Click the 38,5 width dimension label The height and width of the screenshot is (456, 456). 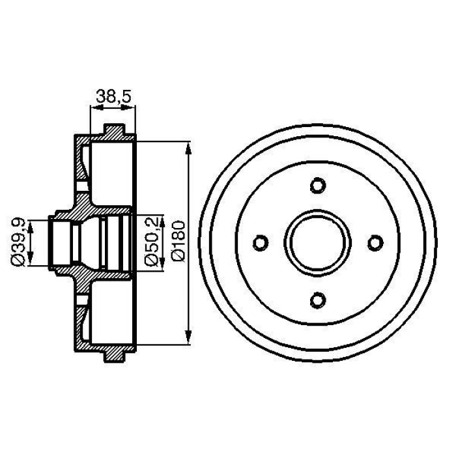(x=114, y=96)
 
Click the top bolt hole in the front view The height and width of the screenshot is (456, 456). (x=318, y=185)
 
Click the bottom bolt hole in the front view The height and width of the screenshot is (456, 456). (x=318, y=300)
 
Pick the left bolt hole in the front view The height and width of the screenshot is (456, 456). (x=261, y=242)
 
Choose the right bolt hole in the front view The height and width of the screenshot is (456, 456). (x=375, y=242)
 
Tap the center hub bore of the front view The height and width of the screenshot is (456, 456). (x=318, y=242)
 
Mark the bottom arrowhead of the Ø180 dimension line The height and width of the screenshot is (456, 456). (x=189, y=341)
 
